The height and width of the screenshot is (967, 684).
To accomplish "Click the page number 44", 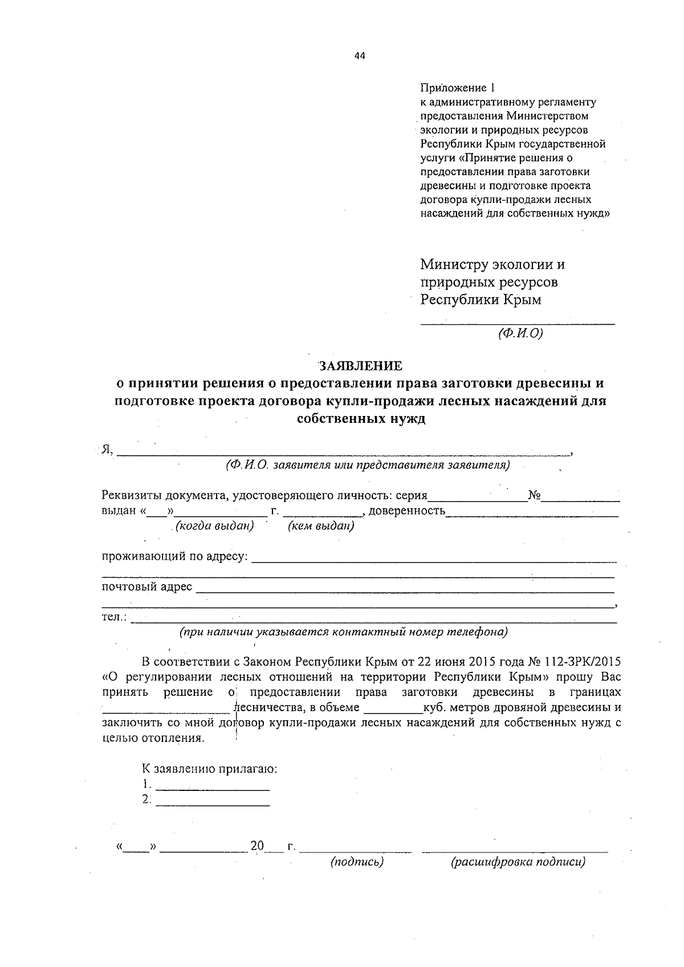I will pos(359,56).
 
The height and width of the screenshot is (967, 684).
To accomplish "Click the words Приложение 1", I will pos(458,88).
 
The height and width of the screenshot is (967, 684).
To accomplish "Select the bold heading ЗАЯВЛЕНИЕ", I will pos(360,366).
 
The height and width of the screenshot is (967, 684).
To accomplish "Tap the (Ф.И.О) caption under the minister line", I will pos(520,333).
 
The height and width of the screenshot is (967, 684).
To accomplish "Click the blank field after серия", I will pos(478,497).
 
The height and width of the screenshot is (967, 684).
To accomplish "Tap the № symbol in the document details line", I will pos(534,495).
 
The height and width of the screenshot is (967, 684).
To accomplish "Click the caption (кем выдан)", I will pos(321,526).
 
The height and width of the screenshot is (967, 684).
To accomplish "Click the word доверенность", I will pos(407,511).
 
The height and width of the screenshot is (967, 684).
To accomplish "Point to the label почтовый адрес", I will pos(146,587).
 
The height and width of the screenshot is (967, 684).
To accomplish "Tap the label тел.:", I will pos(115,617).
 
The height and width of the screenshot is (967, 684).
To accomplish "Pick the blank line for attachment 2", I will pos(212,801).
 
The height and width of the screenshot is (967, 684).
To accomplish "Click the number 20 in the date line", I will pos(257,846).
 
